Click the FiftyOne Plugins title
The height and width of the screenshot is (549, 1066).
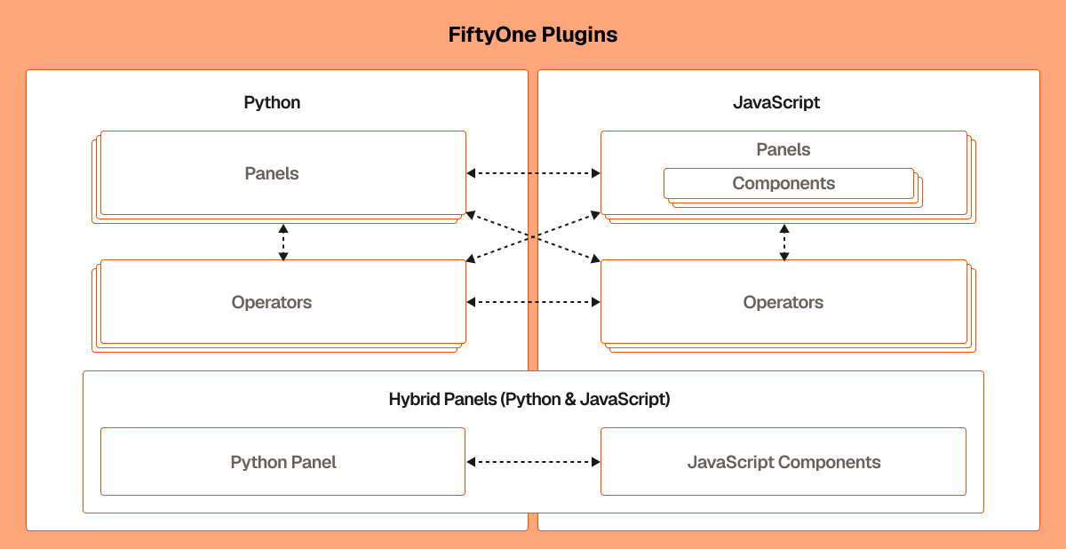tap(532, 36)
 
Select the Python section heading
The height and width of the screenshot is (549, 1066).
tap(272, 102)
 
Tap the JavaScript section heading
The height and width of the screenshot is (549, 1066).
tap(776, 102)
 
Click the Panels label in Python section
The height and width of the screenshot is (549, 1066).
tap(272, 173)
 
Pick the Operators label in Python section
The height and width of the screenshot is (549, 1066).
tap(272, 302)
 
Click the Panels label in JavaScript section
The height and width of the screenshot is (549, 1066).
tap(783, 149)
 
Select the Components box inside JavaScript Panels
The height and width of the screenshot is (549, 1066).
tap(784, 183)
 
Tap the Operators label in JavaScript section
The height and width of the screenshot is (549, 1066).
tap(783, 302)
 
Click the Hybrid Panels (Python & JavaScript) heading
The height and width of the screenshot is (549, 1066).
tap(529, 399)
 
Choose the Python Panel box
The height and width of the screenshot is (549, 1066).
tap(282, 462)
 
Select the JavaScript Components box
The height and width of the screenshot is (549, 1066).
tap(783, 462)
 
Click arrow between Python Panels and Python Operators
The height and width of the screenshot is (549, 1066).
tap(283, 242)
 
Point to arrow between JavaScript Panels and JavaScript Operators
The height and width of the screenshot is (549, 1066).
tap(784, 242)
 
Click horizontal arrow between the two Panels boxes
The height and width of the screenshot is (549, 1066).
tap(533, 173)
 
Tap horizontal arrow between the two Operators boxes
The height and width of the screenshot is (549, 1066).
tap(533, 302)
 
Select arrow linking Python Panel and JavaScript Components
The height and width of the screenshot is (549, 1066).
tap(533, 462)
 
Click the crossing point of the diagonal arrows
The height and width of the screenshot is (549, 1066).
tap(533, 236)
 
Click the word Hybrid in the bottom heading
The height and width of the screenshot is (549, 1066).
tap(414, 399)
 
